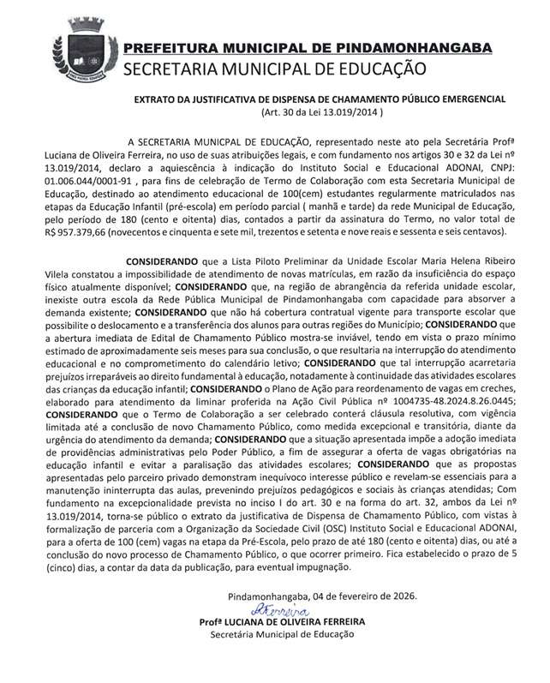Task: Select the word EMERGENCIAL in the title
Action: coord(470,99)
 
